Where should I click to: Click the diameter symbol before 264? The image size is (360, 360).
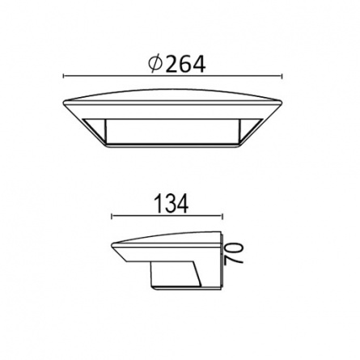[x=155, y=64]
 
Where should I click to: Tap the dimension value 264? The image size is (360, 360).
[x=185, y=65]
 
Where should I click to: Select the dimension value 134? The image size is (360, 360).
[x=171, y=204]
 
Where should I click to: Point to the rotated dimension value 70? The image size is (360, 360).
[x=234, y=252]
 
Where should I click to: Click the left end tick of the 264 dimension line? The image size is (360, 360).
[x=63, y=76]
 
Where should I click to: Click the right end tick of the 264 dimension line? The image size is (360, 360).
[x=282, y=76]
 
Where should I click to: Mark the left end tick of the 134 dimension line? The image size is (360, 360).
[x=112, y=216]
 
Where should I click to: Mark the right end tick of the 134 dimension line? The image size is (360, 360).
[x=222, y=216]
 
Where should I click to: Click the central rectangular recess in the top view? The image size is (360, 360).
[x=172, y=131]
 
